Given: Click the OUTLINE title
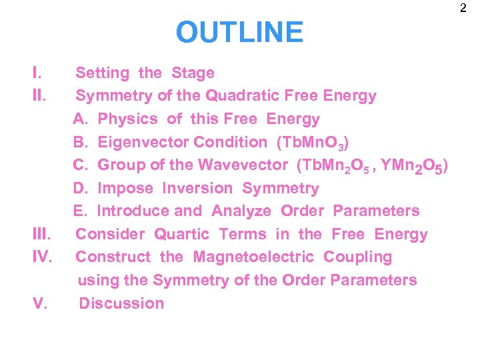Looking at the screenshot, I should click(239, 31).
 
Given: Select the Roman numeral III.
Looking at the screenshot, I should click(42, 234).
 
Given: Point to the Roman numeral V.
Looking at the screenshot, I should click(39, 303).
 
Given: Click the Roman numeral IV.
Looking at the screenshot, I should click(42, 257).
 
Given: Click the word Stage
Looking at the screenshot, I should click(193, 73).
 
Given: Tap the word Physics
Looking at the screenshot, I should click(127, 119).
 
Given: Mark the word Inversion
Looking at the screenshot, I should click(197, 189).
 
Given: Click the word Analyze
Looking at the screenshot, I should click(241, 211).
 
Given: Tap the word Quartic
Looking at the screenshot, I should click(182, 234).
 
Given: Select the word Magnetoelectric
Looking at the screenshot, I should click(254, 257).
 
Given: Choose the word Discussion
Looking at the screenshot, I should click(121, 303).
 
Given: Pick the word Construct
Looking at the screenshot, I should click(111, 257).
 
